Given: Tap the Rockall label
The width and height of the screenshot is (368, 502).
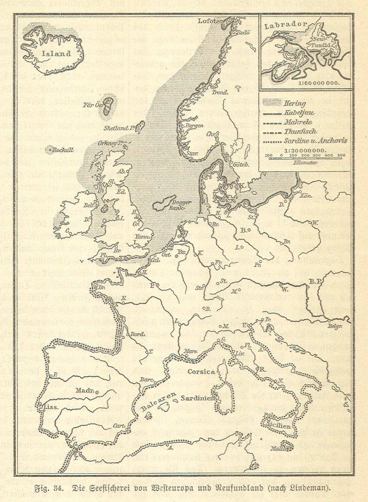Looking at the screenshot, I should tap(64, 150).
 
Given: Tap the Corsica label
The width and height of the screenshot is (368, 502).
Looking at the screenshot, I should tap(198, 372).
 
